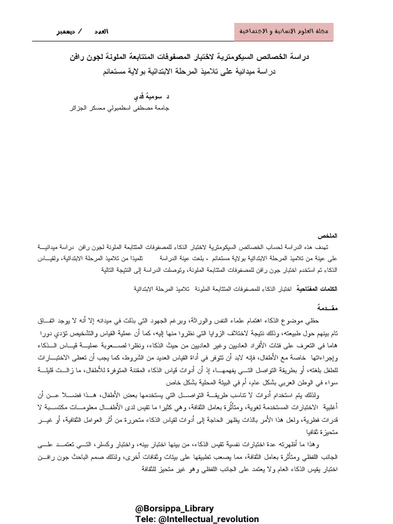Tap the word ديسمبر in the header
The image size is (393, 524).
65,32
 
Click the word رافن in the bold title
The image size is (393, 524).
79,58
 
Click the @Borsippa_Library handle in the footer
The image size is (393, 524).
174,509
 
